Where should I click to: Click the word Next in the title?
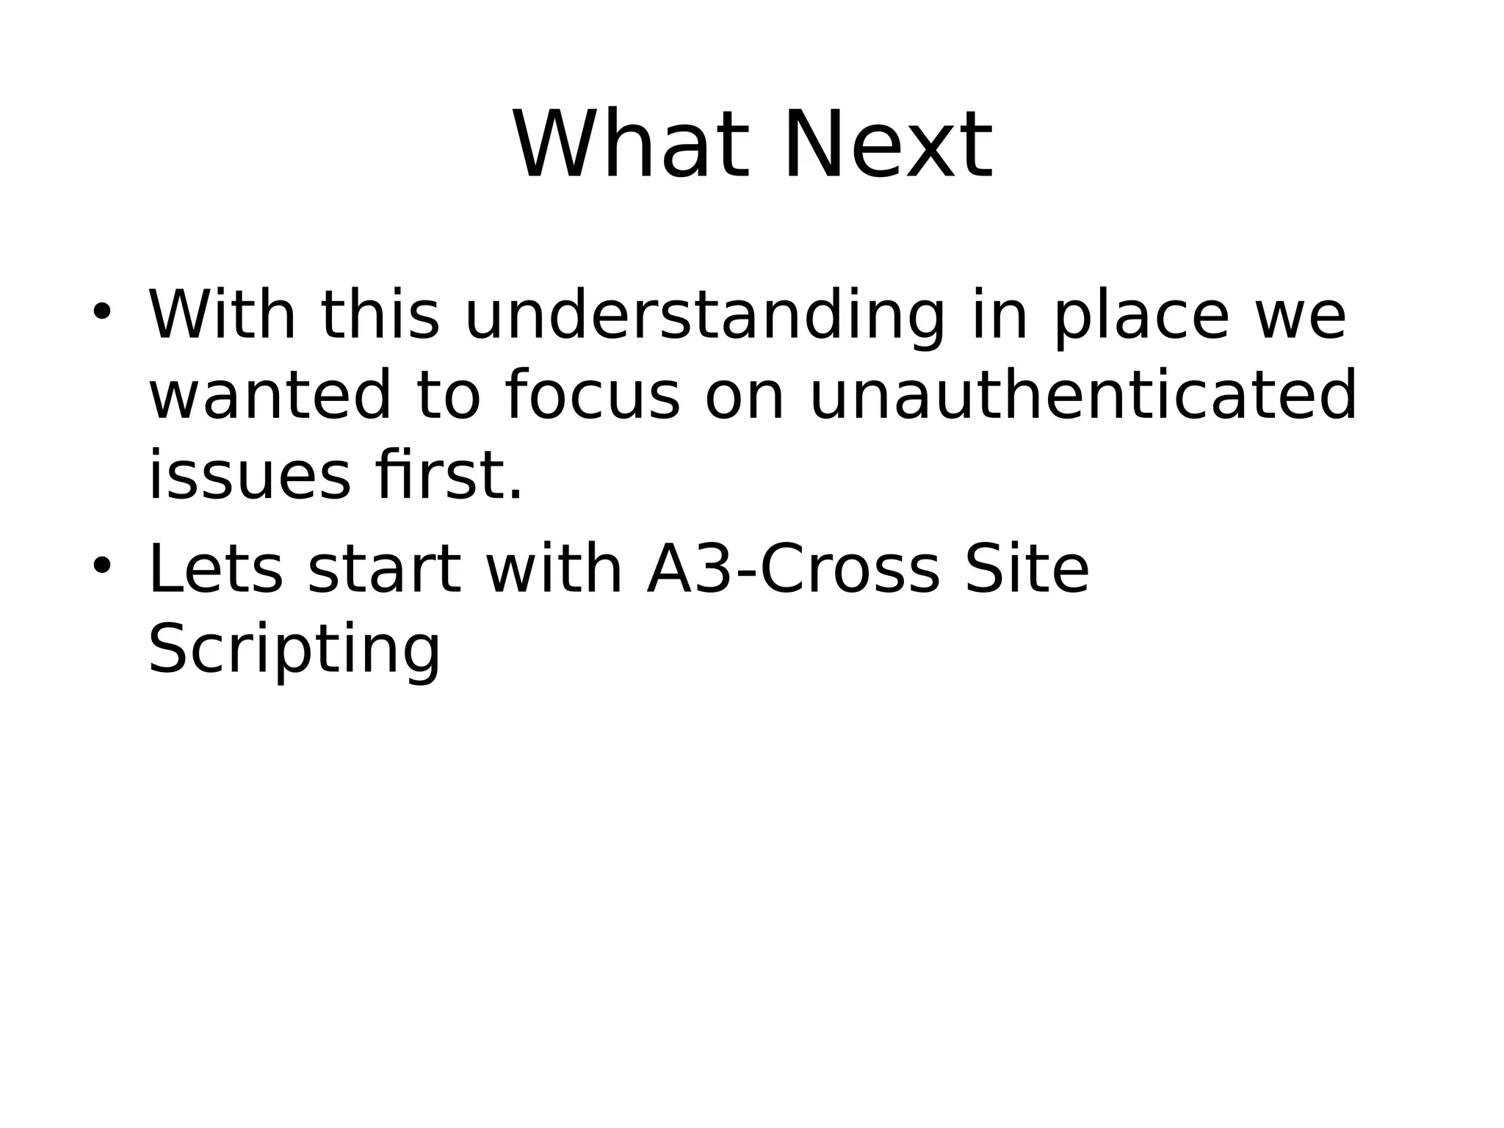888,145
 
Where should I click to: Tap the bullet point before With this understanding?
101,312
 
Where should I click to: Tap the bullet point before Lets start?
101,565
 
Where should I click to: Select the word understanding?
705,317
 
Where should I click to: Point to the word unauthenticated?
1082,397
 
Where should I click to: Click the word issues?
250,477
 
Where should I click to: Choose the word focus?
593,397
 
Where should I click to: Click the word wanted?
270,397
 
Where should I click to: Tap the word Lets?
215,571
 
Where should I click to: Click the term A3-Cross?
793,571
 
